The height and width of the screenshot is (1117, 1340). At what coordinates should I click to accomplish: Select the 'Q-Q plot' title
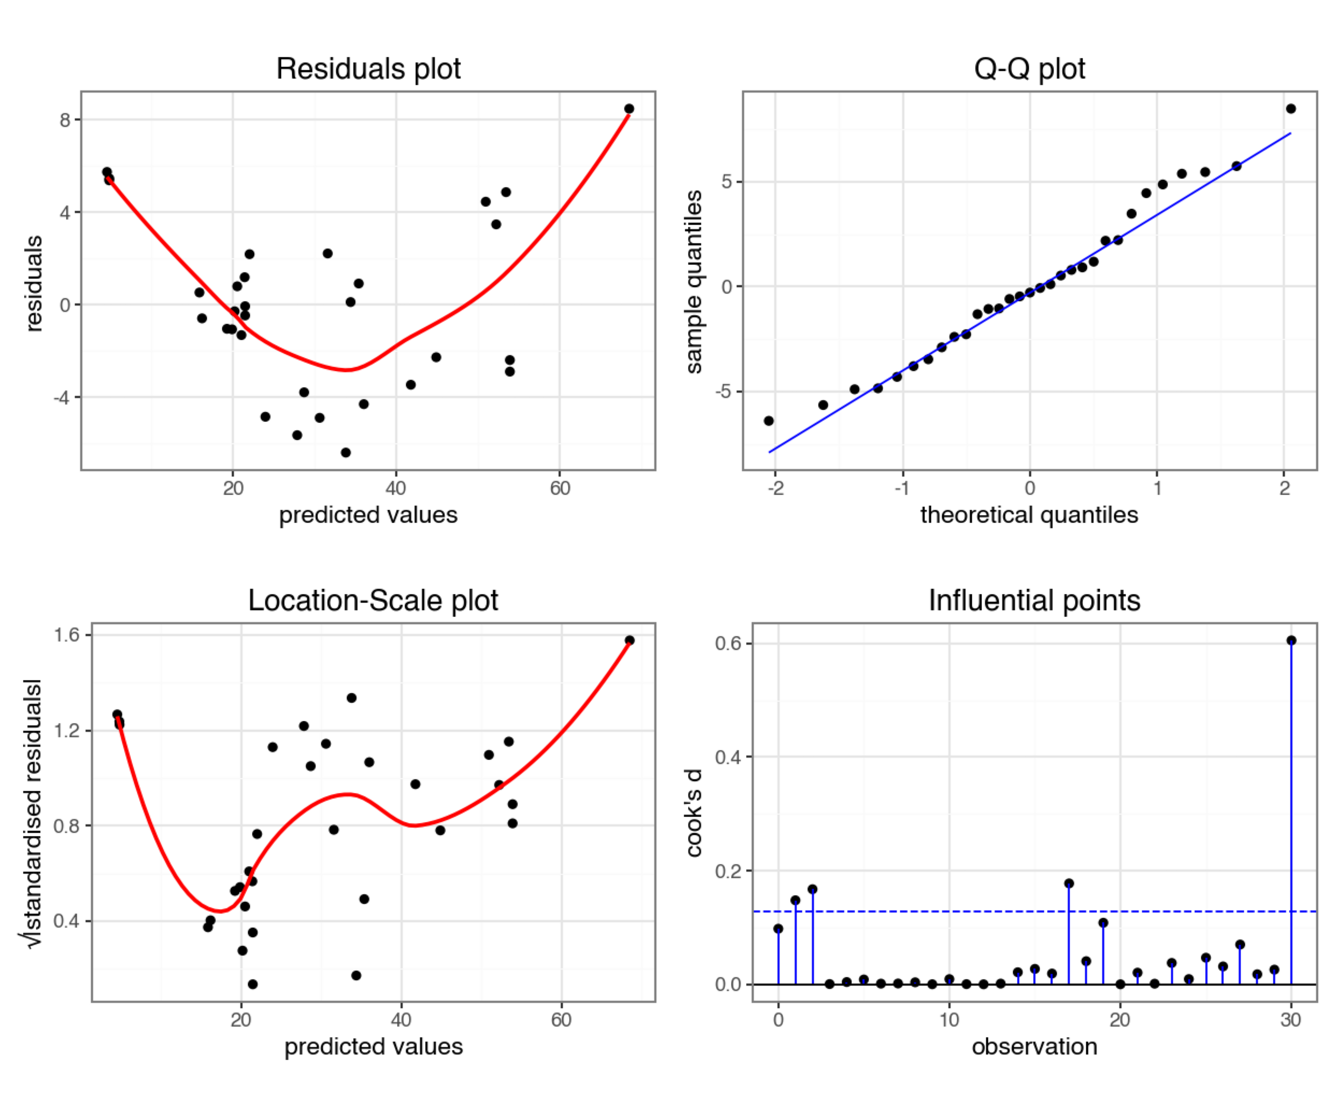click(x=1029, y=68)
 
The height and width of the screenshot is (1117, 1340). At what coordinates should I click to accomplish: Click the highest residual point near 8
click(x=629, y=108)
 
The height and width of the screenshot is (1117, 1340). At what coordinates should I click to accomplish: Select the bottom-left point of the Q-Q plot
click(x=769, y=421)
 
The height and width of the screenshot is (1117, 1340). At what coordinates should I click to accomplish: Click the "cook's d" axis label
click(x=693, y=812)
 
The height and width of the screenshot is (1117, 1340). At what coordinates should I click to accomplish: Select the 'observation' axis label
click(x=1034, y=1046)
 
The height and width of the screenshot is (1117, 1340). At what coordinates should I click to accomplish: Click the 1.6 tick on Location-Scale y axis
click(x=66, y=634)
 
